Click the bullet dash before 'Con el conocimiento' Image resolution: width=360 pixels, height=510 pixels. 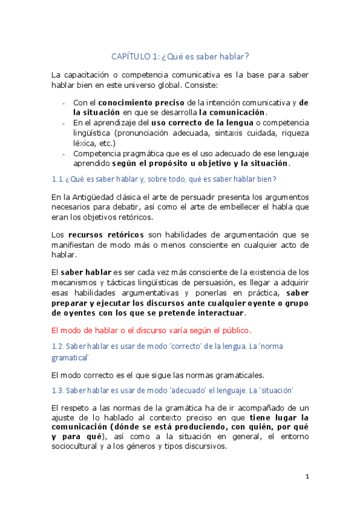pos(65,103)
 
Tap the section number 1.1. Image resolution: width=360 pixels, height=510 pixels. pos(57,179)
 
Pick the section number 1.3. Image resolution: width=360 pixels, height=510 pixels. pos(58,390)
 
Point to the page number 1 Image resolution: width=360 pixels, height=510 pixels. pos(307,477)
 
